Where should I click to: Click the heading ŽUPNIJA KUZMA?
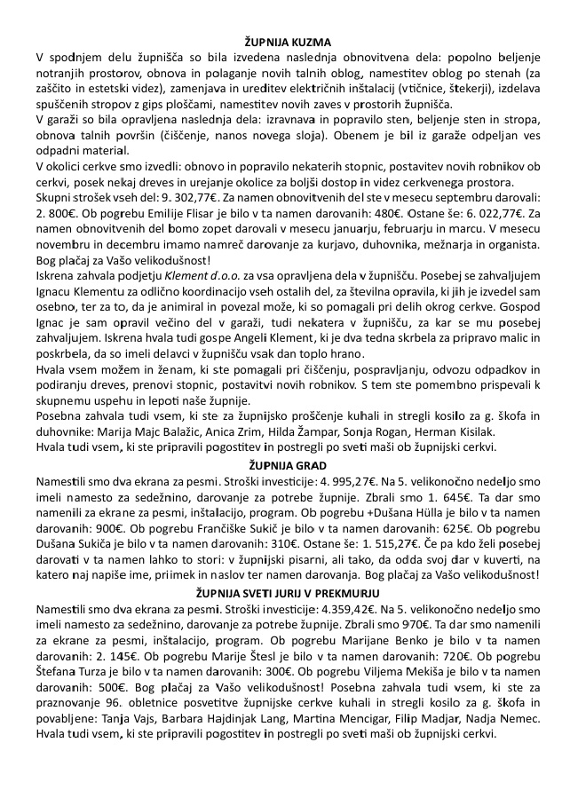tap(289, 42)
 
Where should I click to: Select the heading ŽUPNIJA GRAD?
tap(289, 465)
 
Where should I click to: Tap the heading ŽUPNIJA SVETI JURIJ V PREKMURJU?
tap(289, 592)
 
